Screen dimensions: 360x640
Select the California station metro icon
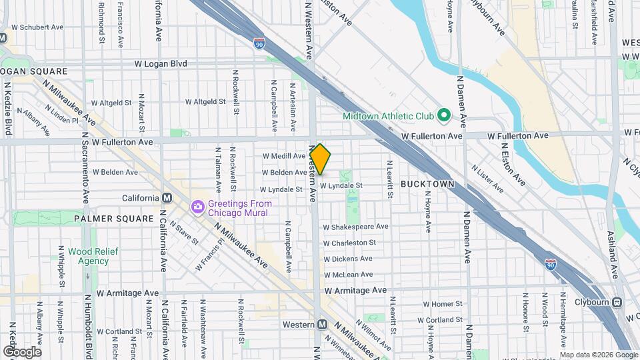[x=167, y=198]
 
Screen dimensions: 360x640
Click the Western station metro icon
[x=322, y=325]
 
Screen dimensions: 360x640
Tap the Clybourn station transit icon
[x=617, y=302]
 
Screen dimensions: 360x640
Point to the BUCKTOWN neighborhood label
[x=427, y=183]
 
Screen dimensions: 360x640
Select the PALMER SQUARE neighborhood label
[x=114, y=219]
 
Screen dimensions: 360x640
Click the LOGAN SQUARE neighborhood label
[x=34, y=71]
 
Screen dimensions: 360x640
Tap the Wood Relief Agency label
[x=88, y=256]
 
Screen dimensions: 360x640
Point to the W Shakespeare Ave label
[x=355, y=227]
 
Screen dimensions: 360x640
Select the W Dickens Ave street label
[x=348, y=259]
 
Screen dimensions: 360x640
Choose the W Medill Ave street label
[x=283, y=156]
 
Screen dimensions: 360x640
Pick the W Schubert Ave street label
[x=37, y=28]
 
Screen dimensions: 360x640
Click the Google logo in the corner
[x=22, y=351]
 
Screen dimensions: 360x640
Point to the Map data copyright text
[x=599, y=355]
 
